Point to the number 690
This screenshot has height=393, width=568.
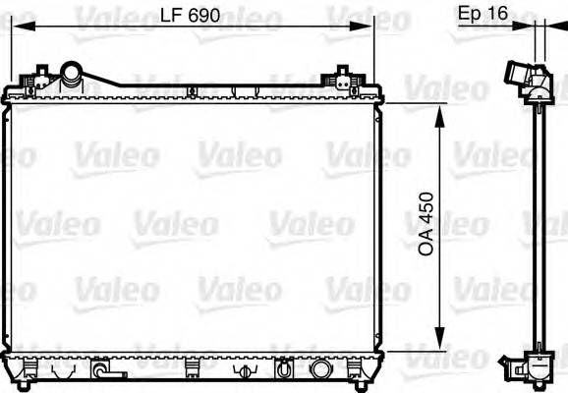(x=203, y=17)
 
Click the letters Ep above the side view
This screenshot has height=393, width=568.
(x=470, y=14)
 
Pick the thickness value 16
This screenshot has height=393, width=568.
(x=499, y=14)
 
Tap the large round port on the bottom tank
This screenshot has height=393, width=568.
(x=320, y=370)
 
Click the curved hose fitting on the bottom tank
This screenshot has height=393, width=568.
(x=101, y=371)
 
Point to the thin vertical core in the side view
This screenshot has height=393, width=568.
(x=539, y=226)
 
